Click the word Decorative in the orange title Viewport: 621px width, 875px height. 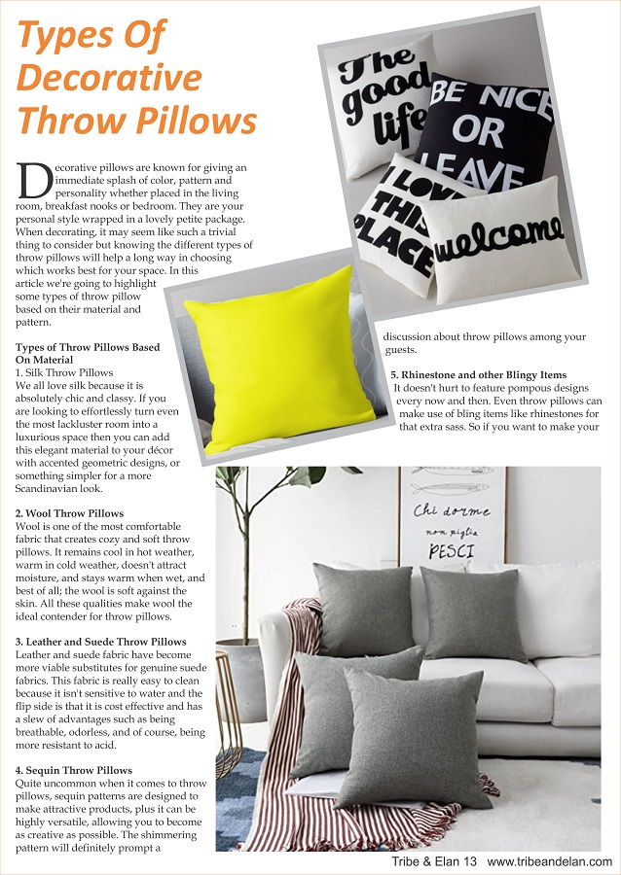111,78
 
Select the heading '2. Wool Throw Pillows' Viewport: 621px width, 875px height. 69,512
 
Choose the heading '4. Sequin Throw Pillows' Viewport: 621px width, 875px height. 74,770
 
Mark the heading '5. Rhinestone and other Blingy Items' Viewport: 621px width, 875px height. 478,374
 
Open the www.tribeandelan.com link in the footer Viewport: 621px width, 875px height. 549,861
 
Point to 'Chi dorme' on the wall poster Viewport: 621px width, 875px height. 451,510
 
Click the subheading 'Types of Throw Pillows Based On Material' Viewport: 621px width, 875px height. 87,353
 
